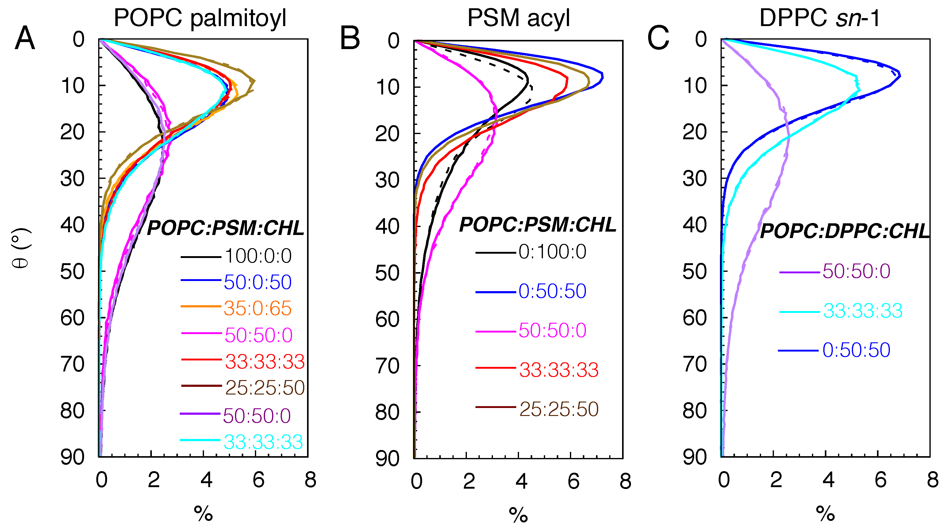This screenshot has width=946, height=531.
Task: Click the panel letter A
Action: (x=25, y=39)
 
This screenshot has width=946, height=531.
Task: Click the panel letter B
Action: (x=350, y=39)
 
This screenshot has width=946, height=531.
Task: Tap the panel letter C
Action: (x=658, y=39)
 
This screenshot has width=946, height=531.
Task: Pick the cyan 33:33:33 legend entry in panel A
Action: (x=263, y=442)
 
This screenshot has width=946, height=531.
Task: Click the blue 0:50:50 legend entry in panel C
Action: (x=856, y=350)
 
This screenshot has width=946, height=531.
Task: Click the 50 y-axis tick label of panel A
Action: (x=72, y=272)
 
